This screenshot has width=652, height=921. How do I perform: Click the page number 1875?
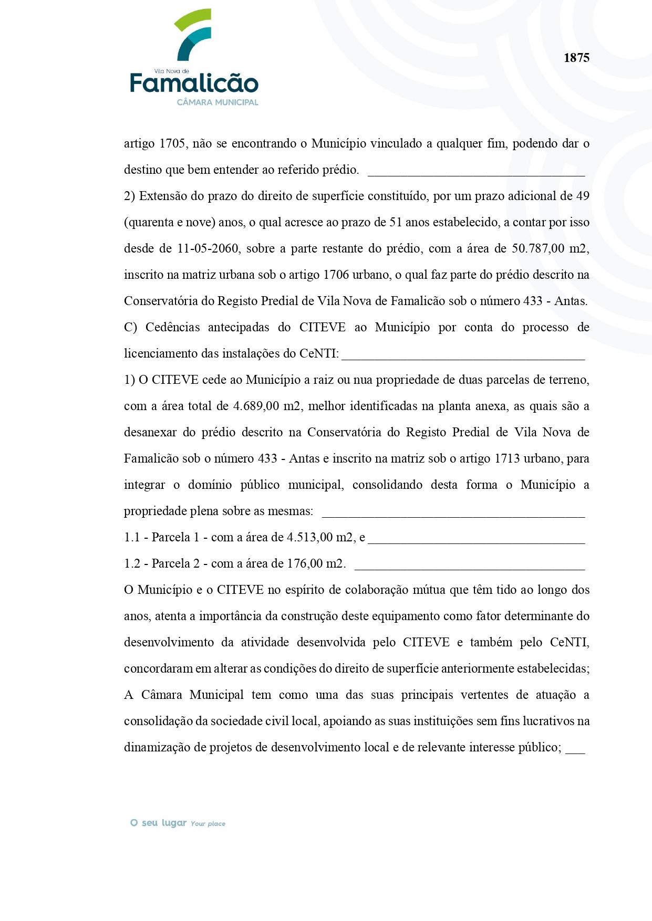[x=576, y=58]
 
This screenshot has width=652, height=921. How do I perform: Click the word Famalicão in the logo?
[x=194, y=83]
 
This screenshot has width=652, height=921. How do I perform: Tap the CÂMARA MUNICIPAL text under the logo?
[x=218, y=102]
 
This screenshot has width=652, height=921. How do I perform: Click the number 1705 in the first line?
[x=172, y=143]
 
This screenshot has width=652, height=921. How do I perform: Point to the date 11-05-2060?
[x=208, y=248]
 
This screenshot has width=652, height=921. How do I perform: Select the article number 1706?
[x=337, y=275]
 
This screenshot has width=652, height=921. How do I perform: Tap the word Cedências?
[x=172, y=327]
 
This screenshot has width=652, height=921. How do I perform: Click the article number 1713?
[x=508, y=458]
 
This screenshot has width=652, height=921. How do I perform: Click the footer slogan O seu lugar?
[x=159, y=823]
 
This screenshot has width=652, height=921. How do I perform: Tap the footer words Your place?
[x=208, y=824]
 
